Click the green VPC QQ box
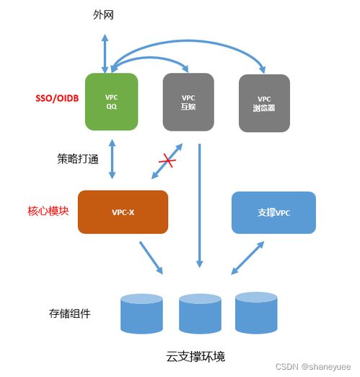[x=111, y=101]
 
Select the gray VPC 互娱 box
[x=188, y=101]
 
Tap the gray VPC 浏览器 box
[x=264, y=101]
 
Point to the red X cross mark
[x=167, y=162]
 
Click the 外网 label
[x=105, y=14]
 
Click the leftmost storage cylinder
[x=141, y=315]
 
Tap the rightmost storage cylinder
[x=255, y=312]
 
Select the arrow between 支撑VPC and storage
[x=247, y=257]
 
